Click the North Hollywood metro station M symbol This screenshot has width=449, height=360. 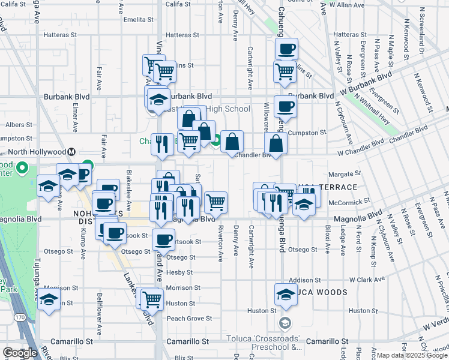tap(72, 152)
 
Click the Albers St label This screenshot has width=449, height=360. tap(19, 125)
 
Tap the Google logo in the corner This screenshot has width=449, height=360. tap(20, 353)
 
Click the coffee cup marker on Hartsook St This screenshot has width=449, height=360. tap(163, 241)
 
